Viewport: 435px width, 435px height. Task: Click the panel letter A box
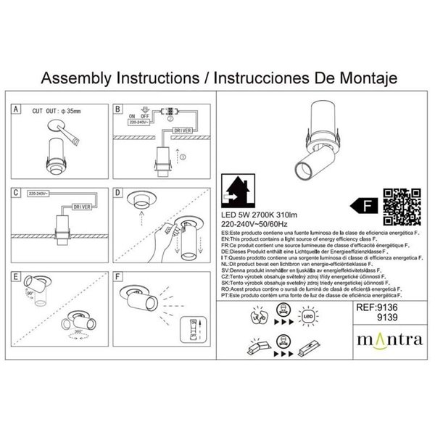tap(16, 109)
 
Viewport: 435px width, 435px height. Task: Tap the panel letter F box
tap(118, 277)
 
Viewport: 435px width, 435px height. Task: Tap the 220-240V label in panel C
tap(37, 195)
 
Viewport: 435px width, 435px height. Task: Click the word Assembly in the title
tap(77, 77)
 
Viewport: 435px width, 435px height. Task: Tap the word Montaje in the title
tap(359, 77)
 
